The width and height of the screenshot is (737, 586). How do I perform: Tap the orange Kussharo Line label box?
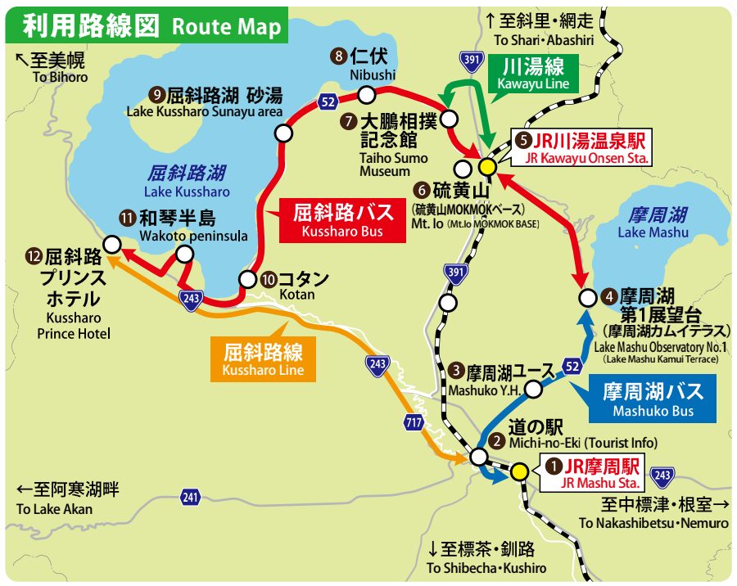[262, 359]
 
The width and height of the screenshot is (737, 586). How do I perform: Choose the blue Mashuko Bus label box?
[652, 399]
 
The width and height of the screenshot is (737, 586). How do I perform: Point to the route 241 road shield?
[190, 497]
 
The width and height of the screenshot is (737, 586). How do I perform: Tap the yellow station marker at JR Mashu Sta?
[518, 472]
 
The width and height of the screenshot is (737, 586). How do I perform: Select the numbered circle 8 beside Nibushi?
[338, 56]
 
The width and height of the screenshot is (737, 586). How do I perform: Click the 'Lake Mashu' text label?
[653, 232]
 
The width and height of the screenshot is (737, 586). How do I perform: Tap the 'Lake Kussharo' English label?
[187, 192]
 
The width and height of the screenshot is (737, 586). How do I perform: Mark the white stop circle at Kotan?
[246, 279]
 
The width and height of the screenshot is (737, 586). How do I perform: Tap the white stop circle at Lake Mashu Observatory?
[586, 297]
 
